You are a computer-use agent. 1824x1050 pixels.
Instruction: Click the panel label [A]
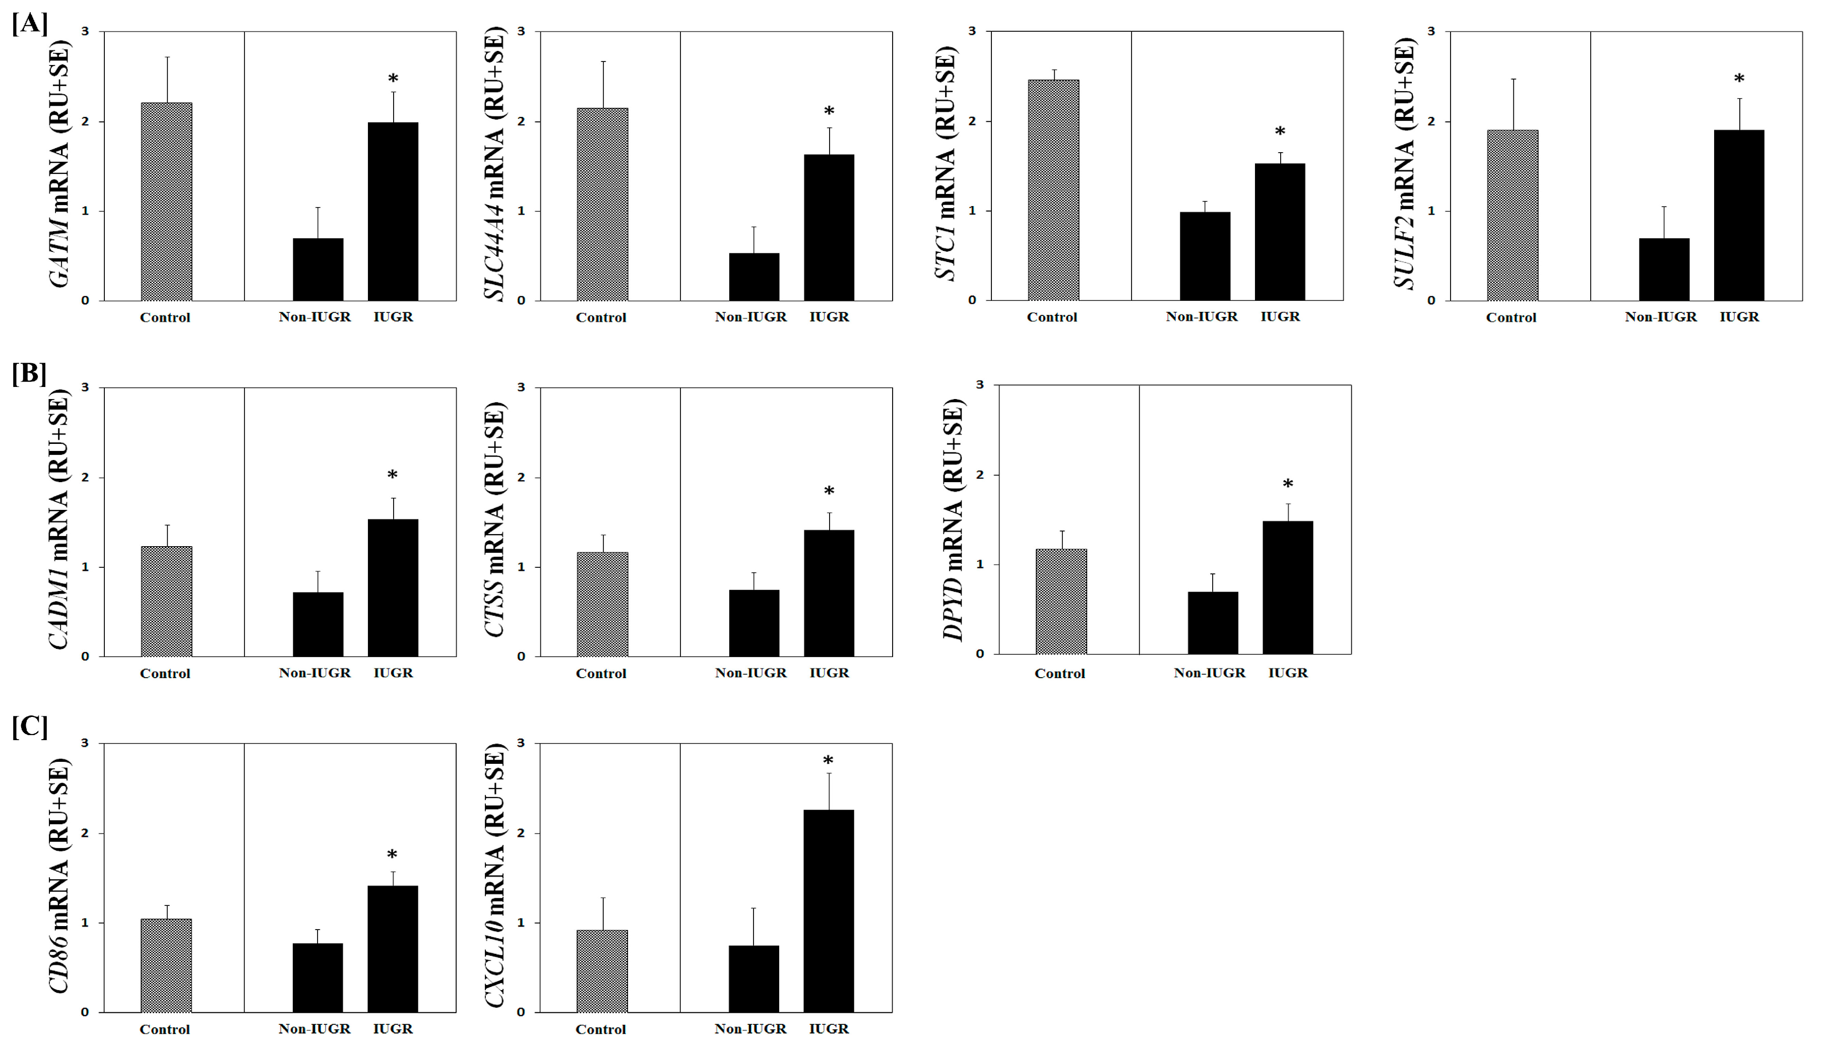[x=30, y=23]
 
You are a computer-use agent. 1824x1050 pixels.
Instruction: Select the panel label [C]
[x=30, y=726]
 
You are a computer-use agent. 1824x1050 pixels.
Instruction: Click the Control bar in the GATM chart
[x=167, y=202]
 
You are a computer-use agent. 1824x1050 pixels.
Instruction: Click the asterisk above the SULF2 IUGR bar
[x=1739, y=79]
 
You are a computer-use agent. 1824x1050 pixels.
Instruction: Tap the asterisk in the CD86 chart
[x=392, y=856]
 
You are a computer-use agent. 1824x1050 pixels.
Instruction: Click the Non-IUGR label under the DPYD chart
[x=1210, y=673]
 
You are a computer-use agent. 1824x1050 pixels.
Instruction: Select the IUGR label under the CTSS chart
[x=829, y=673]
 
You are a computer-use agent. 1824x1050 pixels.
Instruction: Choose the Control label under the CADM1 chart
[x=165, y=674]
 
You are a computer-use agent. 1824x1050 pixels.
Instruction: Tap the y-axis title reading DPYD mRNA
[x=953, y=519]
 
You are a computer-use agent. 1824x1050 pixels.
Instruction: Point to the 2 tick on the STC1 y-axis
[x=972, y=121]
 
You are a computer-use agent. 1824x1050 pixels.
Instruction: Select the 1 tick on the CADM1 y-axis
[x=85, y=567]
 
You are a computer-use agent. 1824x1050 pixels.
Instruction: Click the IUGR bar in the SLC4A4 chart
[x=829, y=227]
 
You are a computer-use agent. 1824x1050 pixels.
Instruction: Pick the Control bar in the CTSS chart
[x=602, y=604]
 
